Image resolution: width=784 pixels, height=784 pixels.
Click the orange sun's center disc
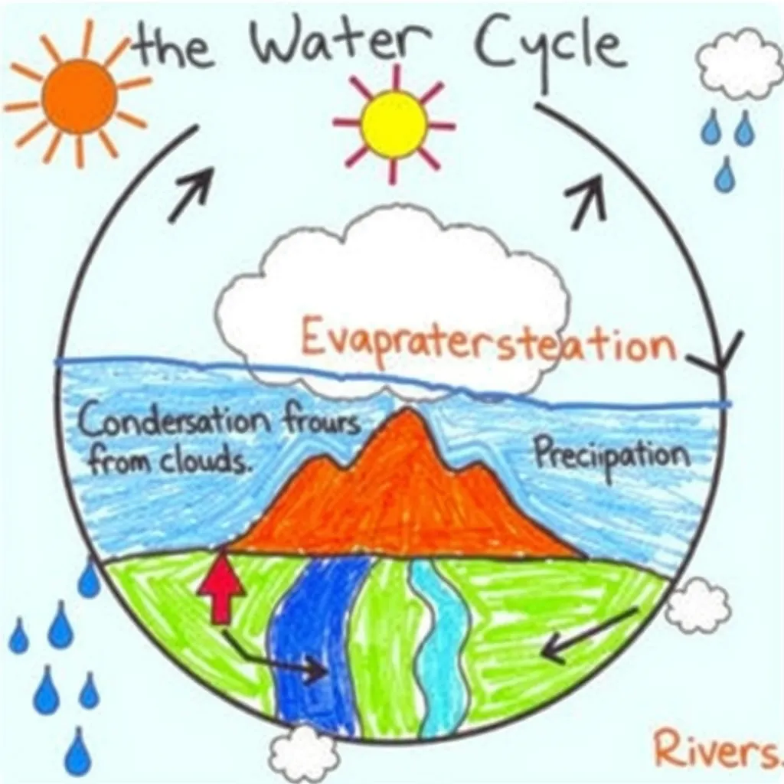pyautogui.click(x=79, y=96)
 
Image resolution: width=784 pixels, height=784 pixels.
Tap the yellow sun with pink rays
pyautogui.click(x=394, y=125)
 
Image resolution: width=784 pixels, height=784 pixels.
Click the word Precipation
pyautogui.click(x=610, y=456)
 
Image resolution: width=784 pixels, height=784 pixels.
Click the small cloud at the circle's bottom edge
pyautogui.click(x=304, y=753)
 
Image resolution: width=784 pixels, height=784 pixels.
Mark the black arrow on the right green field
pyautogui.click(x=590, y=635)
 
